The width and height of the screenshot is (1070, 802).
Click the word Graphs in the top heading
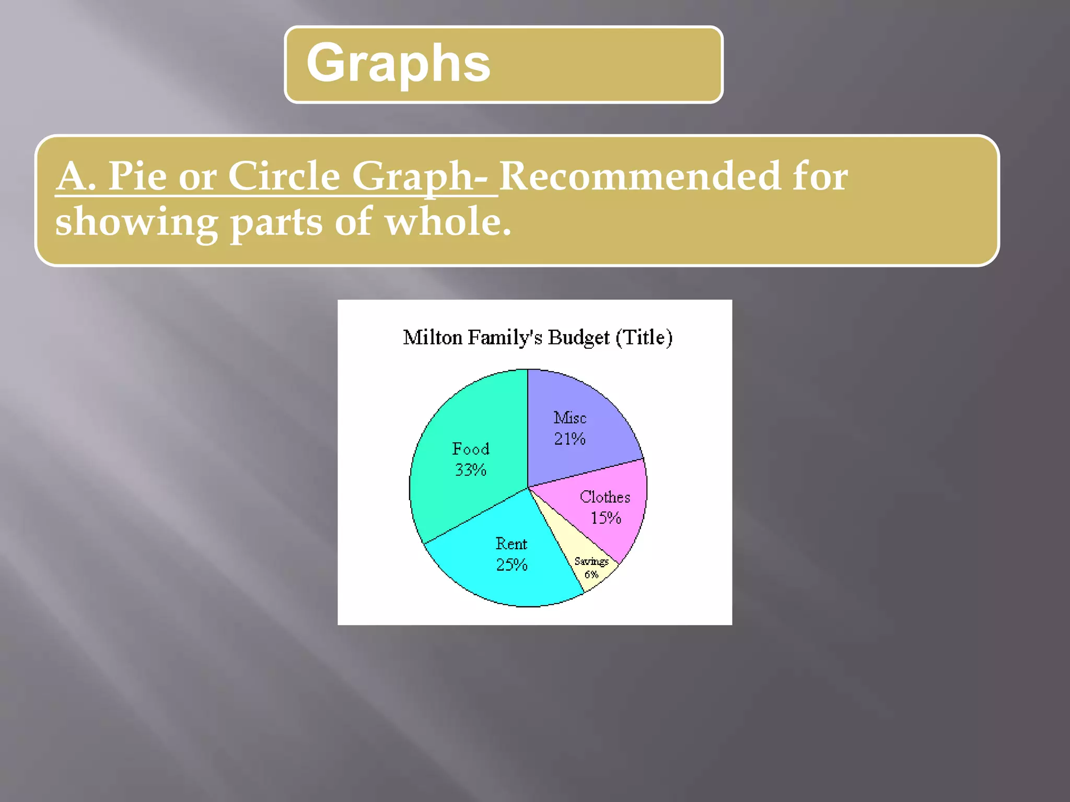coord(398,64)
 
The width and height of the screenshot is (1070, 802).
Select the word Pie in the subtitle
coord(137,176)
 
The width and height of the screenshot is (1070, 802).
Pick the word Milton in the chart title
coord(433,338)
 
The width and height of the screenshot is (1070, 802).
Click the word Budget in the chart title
coord(578,338)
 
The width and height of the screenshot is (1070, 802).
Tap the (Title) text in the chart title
coord(644,338)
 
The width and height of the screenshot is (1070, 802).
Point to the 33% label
coord(470,470)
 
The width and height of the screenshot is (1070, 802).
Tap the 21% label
coord(569,439)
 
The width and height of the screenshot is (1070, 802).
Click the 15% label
coord(606,518)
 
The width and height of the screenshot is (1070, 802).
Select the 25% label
coord(511,565)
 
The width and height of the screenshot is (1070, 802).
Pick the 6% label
coord(591,575)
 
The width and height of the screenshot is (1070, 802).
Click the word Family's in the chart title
coord(505,338)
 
